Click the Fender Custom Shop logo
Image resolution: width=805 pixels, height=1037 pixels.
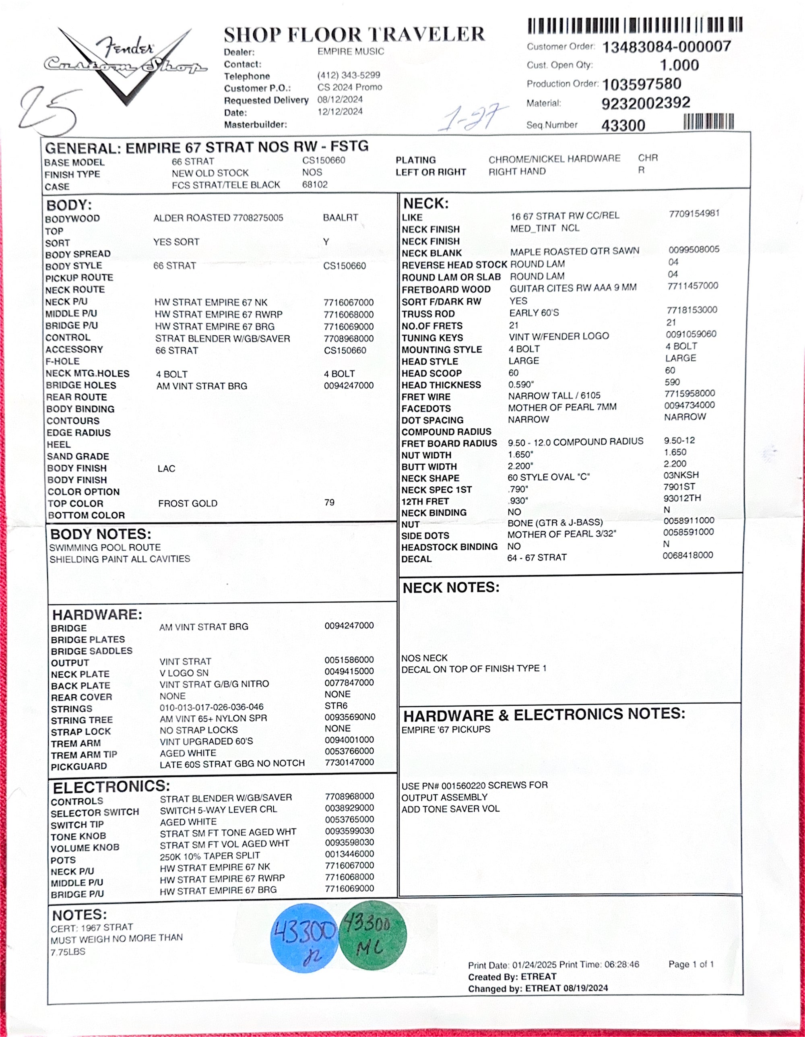click(x=124, y=64)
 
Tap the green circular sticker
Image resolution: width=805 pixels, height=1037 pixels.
click(x=373, y=934)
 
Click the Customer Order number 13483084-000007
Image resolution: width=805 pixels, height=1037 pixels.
click(x=667, y=47)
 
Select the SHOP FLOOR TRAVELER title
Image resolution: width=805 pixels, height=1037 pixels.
click(x=354, y=35)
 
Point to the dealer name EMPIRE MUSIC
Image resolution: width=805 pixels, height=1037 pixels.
click(x=351, y=51)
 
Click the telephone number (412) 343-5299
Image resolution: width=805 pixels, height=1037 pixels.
click(x=349, y=75)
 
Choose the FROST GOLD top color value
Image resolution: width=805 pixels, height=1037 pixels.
click(x=188, y=503)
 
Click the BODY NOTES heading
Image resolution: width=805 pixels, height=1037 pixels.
click(x=101, y=534)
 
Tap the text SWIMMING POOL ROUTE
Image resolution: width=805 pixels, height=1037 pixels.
click(x=105, y=547)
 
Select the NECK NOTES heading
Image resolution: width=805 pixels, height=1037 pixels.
click(x=451, y=588)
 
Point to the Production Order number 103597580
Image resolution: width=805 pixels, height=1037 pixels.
click(x=642, y=84)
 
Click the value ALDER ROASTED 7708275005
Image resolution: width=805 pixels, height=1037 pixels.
click(x=218, y=218)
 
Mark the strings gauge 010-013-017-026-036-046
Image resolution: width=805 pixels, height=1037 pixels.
click(x=211, y=707)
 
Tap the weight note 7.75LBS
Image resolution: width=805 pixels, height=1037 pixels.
click(x=68, y=952)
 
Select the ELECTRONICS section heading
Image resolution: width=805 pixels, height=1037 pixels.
click(x=111, y=787)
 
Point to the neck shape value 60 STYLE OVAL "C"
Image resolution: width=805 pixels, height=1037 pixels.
click(x=548, y=477)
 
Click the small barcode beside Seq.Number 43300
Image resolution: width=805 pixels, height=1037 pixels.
click(x=709, y=122)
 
